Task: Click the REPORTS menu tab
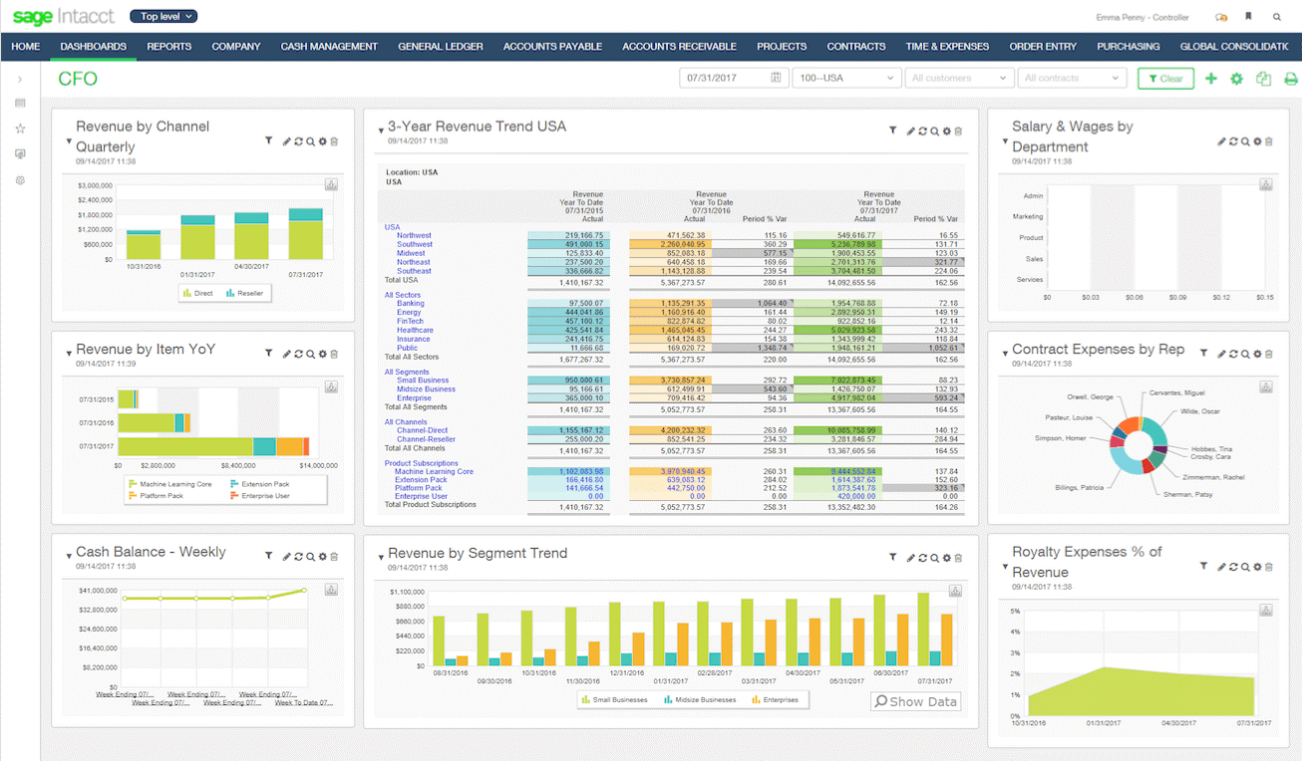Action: tap(168, 46)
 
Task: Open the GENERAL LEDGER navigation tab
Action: tap(441, 46)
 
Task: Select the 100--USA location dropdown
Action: tap(845, 78)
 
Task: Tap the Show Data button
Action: tap(915, 701)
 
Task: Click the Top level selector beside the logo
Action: tap(163, 16)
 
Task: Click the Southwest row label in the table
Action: tap(415, 244)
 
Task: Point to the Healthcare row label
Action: tap(415, 330)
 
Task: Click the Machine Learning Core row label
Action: tap(434, 471)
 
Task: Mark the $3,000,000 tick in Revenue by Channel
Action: tap(94, 185)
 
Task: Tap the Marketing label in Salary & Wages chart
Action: tap(1028, 216)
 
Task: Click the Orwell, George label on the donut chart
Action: tap(1090, 396)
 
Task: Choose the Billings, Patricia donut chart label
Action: tap(1079, 488)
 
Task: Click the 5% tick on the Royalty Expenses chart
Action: tap(1015, 611)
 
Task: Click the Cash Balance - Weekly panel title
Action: tap(151, 552)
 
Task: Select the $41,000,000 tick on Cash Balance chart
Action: tap(98, 591)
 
